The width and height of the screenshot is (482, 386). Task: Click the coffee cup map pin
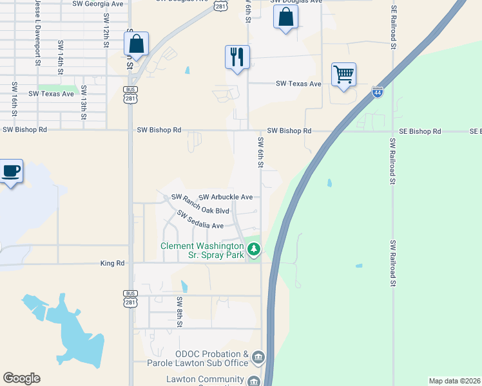[x=12, y=172]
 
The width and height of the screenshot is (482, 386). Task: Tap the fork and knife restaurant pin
[x=237, y=57]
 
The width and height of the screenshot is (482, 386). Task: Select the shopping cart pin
[x=343, y=75]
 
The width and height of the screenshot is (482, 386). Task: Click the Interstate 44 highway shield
[x=378, y=92]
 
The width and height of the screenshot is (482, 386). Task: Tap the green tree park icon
[x=254, y=248]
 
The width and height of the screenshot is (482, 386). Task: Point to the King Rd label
[x=111, y=263]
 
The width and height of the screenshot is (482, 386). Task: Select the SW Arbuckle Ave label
[x=226, y=197]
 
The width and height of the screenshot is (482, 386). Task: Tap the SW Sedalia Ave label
[x=195, y=221]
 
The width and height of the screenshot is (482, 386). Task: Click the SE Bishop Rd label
[x=419, y=131]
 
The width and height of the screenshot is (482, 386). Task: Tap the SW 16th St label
[x=14, y=98]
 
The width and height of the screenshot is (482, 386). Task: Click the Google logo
[x=21, y=378]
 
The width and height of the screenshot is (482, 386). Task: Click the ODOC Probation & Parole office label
[x=211, y=358]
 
